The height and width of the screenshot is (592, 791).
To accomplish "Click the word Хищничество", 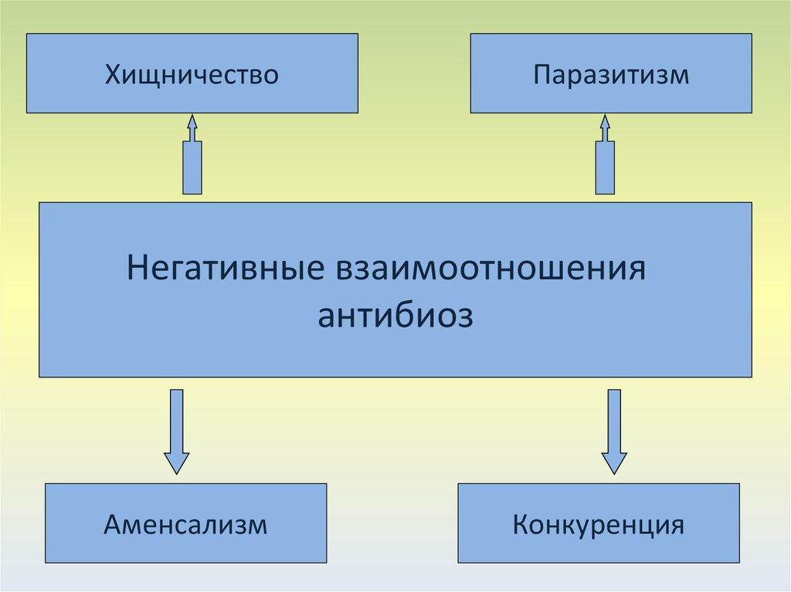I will (x=192, y=76).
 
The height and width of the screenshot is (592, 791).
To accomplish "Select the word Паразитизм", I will (x=610, y=76).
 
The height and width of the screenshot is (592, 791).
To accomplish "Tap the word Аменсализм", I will (x=185, y=526).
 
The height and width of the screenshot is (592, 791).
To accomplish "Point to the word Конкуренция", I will (x=598, y=526).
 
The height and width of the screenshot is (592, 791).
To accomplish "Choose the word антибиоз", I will (x=395, y=316).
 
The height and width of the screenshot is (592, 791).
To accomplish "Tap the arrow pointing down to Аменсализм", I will (x=176, y=428).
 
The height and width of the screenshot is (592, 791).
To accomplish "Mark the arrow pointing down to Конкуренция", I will (x=614, y=428).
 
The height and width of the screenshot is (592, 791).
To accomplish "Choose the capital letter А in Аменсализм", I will (x=113, y=526).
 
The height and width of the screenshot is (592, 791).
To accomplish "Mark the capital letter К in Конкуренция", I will (x=520, y=526).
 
